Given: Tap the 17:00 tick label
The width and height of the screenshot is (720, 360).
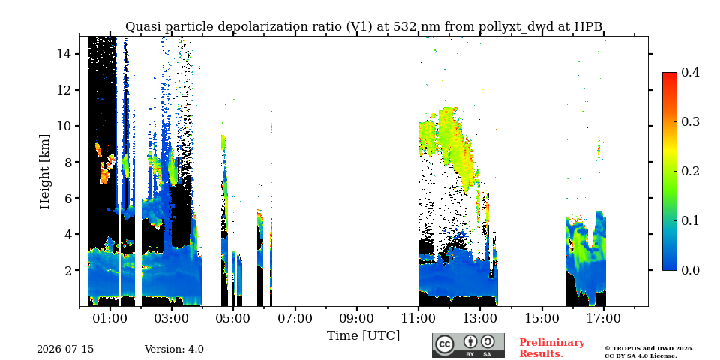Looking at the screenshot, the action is click(604, 318).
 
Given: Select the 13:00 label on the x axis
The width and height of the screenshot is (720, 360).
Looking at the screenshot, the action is click(480, 318).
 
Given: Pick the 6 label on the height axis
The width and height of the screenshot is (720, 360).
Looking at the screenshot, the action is click(69, 198).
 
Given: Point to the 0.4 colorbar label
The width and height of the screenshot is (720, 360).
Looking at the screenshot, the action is click(690, 72).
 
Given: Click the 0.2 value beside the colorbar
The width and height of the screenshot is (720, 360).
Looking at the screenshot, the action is click(690, 171).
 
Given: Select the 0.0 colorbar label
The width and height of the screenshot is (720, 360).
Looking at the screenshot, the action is click(690, 270).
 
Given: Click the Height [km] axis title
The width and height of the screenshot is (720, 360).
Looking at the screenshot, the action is click(44, 172).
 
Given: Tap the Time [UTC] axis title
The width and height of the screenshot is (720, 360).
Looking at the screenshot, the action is click(363, 336).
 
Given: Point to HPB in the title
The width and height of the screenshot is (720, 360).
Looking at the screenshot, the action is click(588, 27).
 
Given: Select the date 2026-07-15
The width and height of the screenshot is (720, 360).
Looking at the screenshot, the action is click(65, 349).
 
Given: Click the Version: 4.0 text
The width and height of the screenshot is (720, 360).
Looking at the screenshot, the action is click(174, 349).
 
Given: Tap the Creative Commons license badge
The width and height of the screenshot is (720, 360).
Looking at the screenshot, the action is click(468, 345).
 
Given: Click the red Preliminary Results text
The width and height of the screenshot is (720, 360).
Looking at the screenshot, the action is click(552, 348).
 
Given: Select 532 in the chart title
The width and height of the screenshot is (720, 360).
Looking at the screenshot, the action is click(404, 27).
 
